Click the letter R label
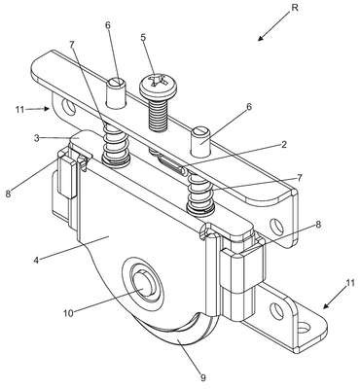click(x=295, y=8)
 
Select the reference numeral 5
click(x=143, y=37)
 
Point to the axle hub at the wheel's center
click(x=145, y=285)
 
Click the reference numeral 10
click(x=69, y=313)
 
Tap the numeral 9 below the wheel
click(x=203, y=377)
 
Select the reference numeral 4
click(x=37, y=260)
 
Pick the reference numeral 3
click(x=37, y=137)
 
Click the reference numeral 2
click(x=283, y=145)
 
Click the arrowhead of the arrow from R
click(x=261, y=39)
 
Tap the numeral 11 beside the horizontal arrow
click(x=19, y=109)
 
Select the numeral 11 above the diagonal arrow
click(x=349, y=283)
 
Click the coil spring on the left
click(x=116, y=145)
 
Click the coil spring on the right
click(x=200, y=193)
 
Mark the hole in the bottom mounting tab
click(x=304, y=329)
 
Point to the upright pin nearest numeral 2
click(x=201, y=142)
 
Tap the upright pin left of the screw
click(x=116, y=93)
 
